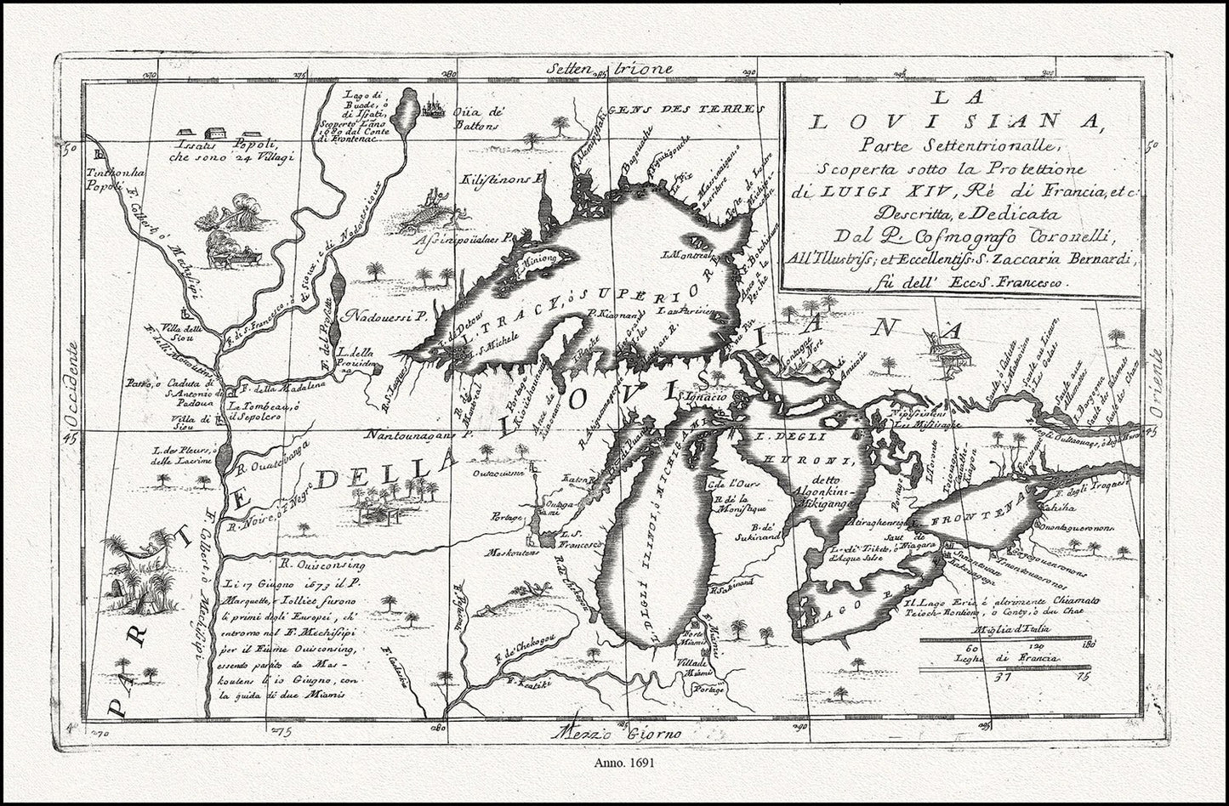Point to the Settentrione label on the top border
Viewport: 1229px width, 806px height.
click(610, 69)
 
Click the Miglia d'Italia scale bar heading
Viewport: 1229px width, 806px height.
click(1016, 629)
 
